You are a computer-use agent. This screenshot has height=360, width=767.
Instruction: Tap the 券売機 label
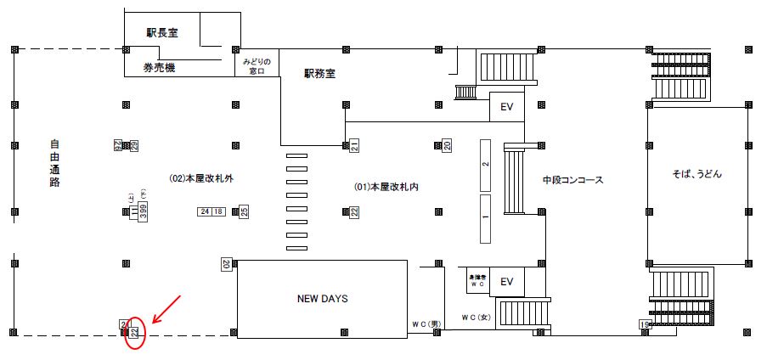tap(158, 67)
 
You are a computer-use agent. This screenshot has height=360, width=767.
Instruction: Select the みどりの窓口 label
tap(257, 66)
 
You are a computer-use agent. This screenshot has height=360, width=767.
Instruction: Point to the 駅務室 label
tap(320, 74)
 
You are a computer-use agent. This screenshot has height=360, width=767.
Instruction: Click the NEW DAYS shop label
tap(323, 299)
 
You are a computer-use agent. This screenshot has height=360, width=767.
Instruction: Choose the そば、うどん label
tap(697, 173)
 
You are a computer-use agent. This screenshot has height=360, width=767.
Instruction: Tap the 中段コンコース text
tap(572, 180)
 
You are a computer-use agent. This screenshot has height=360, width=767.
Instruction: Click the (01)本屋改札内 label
tap(386, 186)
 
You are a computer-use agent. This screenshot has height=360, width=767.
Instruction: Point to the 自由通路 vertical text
tap(54, 164)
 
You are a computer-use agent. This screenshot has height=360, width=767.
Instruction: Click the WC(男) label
tap(426, 323)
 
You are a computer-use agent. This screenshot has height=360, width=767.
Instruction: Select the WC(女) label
tap(476, 317)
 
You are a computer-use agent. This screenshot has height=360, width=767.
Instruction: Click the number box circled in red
tap(133, 329)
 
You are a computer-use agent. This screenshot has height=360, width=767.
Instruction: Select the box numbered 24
tap(205, 211)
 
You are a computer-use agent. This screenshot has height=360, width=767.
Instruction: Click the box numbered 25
tap(244, 211)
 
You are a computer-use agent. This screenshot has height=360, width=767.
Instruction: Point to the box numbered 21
tap(355, 146)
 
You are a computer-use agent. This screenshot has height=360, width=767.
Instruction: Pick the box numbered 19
tap(646, 324)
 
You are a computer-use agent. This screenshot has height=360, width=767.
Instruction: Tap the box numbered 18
tap(218, 211)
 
